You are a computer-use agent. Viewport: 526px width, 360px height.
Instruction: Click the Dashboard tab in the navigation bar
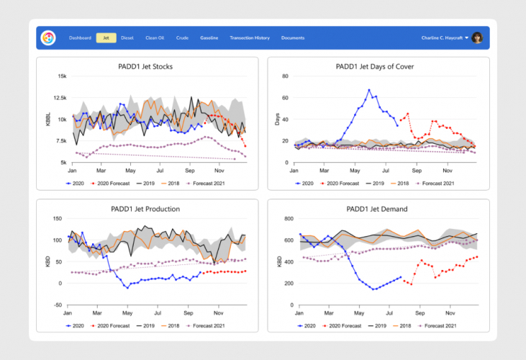[x=80, y=37]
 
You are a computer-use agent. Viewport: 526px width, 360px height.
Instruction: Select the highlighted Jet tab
[x=106, y=37]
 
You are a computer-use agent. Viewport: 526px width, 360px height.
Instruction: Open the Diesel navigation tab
[x=127, y=37]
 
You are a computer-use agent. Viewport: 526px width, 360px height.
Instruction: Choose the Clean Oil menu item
[x=155, y=37]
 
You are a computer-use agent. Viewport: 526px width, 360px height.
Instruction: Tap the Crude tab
[x=182, y=37]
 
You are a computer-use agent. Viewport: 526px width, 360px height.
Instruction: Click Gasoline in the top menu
[x=209, y=37]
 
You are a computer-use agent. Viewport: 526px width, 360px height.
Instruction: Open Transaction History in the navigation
[x=250, y=37]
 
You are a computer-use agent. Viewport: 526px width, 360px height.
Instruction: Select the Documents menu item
[x=293, y=37]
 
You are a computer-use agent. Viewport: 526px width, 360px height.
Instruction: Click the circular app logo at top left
[x=48, y=37]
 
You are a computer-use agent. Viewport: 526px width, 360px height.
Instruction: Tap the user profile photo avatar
[x=477, y=37]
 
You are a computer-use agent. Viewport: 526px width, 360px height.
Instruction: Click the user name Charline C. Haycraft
[x=443, y=37]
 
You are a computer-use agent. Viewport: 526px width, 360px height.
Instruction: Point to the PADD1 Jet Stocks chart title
[x=145, y=67]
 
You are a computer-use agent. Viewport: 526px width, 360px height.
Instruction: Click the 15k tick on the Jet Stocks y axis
[x=63, y=76]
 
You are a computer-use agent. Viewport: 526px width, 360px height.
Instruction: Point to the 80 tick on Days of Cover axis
[x=285, y=76]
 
